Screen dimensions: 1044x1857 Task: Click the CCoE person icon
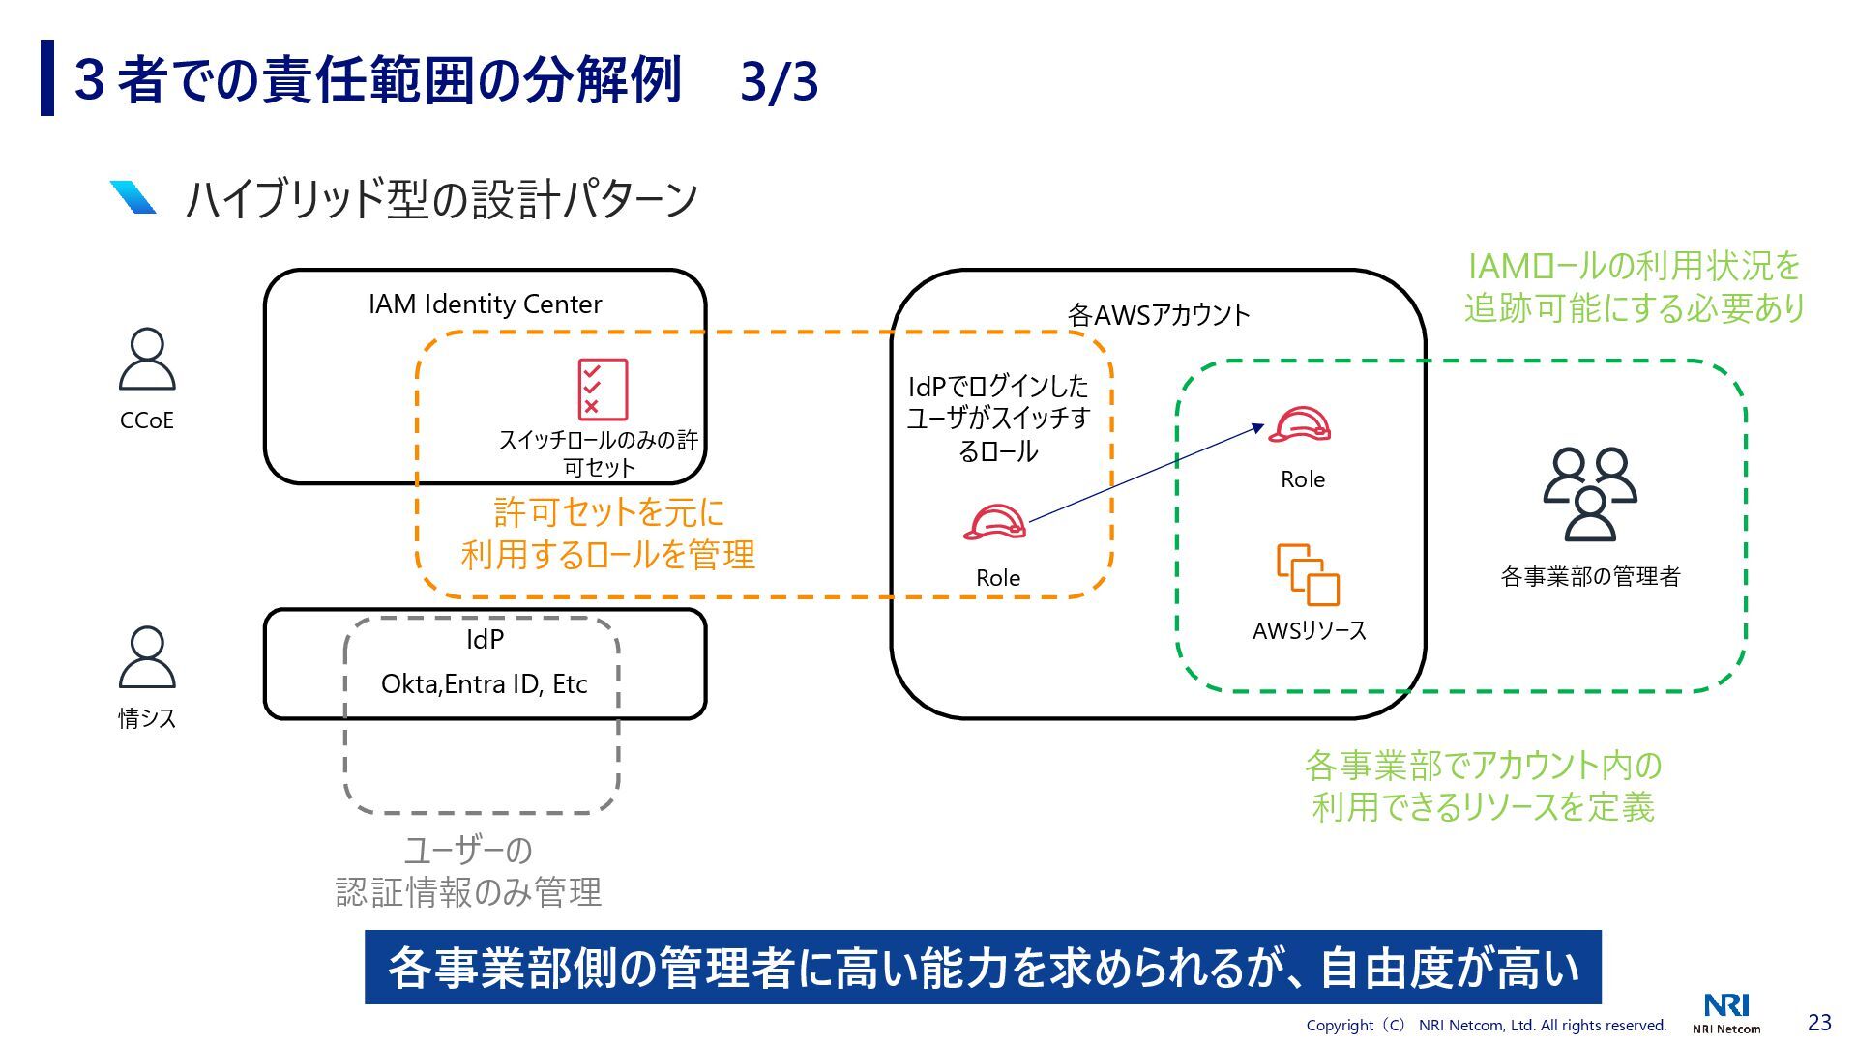147,359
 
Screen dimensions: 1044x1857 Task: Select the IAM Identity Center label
485,304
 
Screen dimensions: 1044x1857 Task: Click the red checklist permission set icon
603,390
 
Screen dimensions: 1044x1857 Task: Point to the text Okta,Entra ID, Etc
484,684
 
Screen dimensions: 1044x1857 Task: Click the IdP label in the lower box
485,640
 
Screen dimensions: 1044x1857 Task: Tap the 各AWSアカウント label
1158,315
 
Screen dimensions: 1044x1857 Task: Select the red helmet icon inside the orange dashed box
994,523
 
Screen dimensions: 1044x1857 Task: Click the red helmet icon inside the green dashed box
1300,424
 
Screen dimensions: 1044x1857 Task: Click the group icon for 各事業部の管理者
1589,493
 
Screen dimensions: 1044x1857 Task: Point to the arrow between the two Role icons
1146,474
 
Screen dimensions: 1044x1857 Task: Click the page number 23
1819,1022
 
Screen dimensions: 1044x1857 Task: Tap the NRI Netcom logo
1726,1013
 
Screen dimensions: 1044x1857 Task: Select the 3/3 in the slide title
779,82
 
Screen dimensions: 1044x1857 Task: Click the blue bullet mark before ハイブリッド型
133,197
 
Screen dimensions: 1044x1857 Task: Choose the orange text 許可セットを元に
608,511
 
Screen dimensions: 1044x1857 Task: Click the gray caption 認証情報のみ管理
468,891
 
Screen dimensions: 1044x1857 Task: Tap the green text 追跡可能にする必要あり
1635,308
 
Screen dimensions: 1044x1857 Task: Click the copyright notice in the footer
1486,1025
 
